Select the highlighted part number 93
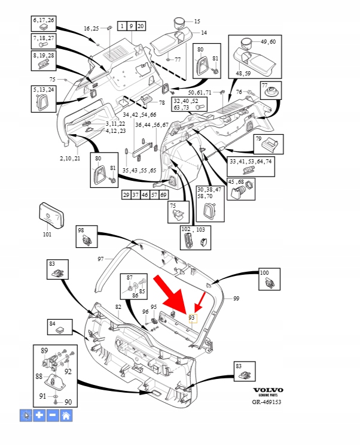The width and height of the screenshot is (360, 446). click(192, 317)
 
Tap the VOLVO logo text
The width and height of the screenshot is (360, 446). click(267, 390)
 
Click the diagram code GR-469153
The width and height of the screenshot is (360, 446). click(267, 402)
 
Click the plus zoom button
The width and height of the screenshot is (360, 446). click(39, 415)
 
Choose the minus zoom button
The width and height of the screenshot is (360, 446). click(53, 415)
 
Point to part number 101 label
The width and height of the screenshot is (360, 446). click(47, 235)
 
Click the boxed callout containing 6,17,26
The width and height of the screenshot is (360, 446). click(43, 24)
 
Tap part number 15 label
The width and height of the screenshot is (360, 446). click(197, 22)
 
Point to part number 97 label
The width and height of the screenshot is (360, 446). click(101, 259)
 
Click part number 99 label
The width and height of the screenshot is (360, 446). click(236, 298)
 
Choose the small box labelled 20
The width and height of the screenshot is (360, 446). click(141, 26)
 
